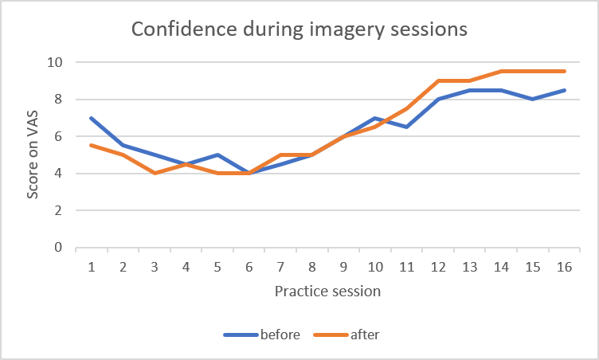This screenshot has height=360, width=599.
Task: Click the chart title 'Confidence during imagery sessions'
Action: pyautogui.click(x=299, y=29)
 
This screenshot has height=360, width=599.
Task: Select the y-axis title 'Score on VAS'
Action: pyautogui.click(x=32, y=154)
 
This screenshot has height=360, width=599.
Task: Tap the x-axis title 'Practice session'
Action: pyautogui.click(x=327, y=291)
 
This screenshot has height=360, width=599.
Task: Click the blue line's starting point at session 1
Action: pyautogui.click(x=92, y=118)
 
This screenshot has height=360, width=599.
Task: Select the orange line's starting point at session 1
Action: pyautogui.click(x=92, y=145)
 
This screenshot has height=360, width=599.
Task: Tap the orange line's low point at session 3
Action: pyautogui.click(x=155, y=173)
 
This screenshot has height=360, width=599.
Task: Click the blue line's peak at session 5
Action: pyautogui.click(x=217, y=155)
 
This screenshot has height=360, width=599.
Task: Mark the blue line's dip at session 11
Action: pyautogui.click(x=407, y=127)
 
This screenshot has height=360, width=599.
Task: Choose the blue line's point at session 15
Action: pyautogui.click(x=533, y=99)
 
